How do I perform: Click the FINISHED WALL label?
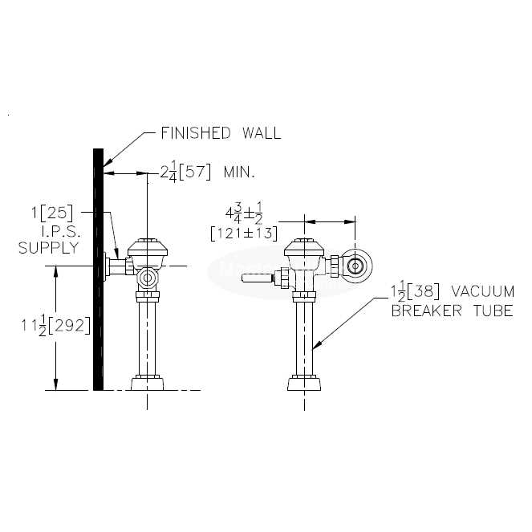221,133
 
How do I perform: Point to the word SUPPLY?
49,248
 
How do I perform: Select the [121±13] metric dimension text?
243,234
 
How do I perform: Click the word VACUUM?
480,291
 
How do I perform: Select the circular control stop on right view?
355,266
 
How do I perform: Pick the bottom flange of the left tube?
147,383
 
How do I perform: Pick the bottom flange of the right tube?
306,383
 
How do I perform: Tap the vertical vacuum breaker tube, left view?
147,337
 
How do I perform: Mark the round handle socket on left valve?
146,278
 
